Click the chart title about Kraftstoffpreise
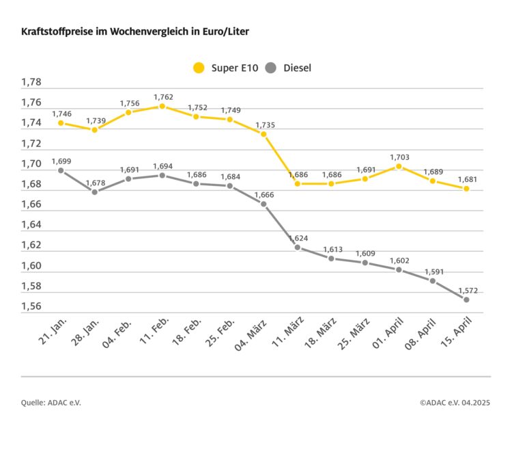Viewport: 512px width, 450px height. tap(140, 32)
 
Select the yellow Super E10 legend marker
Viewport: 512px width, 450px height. tap(199, 68)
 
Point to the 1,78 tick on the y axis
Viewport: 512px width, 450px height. tap(31, 83)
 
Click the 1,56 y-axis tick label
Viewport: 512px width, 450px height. tap(31, 306)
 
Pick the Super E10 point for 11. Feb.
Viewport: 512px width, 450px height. tap(162, 106)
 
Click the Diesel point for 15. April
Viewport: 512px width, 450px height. tap(466, 300)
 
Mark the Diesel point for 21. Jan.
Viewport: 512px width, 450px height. tap(61, 171)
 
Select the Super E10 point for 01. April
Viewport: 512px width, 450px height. tap(399, 166)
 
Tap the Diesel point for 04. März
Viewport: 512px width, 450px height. tap(264, 204)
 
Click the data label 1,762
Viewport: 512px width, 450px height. tap(163, 97)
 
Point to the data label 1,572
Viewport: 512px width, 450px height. tap(467, 290)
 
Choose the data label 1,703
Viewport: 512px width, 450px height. tap(399, 157)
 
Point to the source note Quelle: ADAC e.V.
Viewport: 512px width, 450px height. tap(51, 403)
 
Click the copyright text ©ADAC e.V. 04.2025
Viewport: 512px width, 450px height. tap(455, 403)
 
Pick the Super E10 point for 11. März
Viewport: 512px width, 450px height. tap(297, 183)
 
